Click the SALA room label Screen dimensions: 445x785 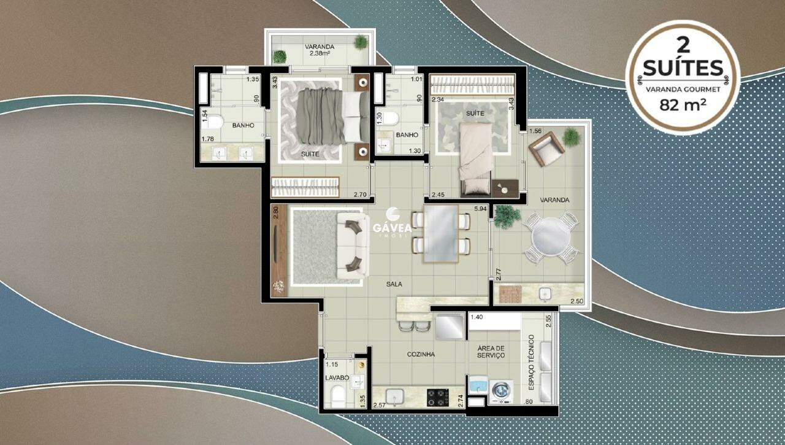pyautogui.click(x=394, y=284)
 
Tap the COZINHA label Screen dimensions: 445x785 pyautogui.click(x=421, y=354)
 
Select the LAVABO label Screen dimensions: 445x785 pyautogui.click(x=337, y=377)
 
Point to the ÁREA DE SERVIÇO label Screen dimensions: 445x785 pyautogui.click(x=491, y=351)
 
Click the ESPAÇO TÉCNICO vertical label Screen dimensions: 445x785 pyautogui.click(x=531, y=363)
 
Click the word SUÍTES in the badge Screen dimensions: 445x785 pyautogui.click(x=683, y=68)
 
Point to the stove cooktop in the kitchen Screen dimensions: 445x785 pyautogui.click(x=438, y=397)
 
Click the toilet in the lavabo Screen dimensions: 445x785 pyautogui.click(x=337, y=397)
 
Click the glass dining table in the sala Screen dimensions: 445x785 pyautogui.click(x=441, y=233)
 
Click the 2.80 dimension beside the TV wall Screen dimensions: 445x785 pyautogui.click(x=275, y=212)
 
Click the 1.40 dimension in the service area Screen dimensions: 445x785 pyautogui.click(x=477, y=317)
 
